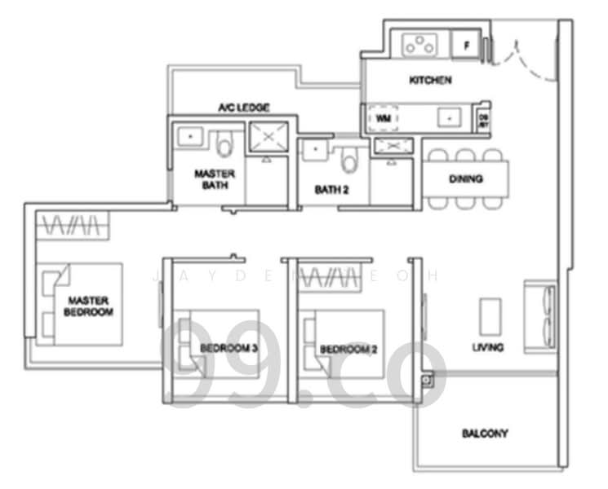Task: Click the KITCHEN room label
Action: (x=430, y=81)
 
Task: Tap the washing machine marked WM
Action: (x=383, y=117)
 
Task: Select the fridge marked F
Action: (x=467, y=46)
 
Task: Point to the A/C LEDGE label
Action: (x=243, y=107)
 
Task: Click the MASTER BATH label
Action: (x=215, y=179)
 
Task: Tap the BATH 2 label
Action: (x=332, y=190)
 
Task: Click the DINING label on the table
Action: (x=465, y=179)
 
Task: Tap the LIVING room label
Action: (x=487, y=347)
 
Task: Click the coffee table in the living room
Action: (x=490, y=315)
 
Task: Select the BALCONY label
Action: (x=484, y=434)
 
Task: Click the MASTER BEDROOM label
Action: (x=90, y=306)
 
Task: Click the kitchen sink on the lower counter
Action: (x=448, y=117)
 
